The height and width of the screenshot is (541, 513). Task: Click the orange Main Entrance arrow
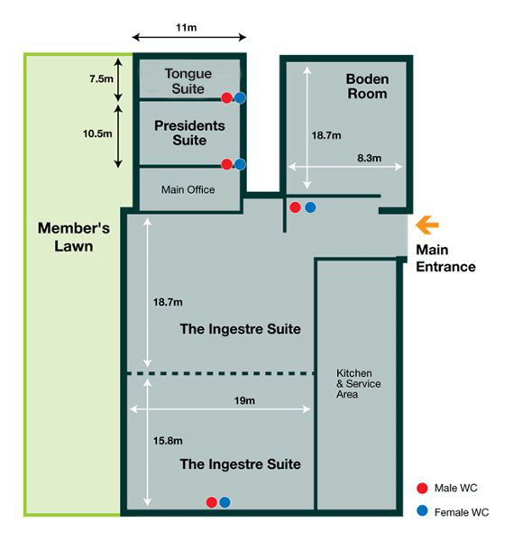tap(427, 225)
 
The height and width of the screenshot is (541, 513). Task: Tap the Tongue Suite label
tap(188, 81)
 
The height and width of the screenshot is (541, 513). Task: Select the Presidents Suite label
tap(189, 133)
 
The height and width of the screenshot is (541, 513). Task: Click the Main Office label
tap(188, 189)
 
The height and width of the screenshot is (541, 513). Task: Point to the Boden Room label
tap(368, 87)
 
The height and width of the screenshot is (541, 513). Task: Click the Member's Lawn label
tap(74, 237)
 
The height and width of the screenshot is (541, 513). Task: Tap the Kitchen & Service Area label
tap(359, 383)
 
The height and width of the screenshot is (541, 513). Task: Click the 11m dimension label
tap(187, 27)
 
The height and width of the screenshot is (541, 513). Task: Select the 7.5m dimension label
tap(101, 78)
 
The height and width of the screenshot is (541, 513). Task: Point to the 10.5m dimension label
tap(97, 133)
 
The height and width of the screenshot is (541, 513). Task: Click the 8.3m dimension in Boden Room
tap(369, 158)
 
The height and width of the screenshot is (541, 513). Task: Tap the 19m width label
tap(244, 400)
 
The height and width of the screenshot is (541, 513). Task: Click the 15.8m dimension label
tap(168, 441)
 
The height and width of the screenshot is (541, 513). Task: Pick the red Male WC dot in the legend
tap(422, 488)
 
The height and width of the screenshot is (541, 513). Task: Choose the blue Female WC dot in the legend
tap(422, 510)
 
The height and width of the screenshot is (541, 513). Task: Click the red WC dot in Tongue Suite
tap(226, 98)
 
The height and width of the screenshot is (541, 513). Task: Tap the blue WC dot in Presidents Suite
tap(240, 164)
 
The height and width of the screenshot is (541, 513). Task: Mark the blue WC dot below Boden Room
tap(310, 207)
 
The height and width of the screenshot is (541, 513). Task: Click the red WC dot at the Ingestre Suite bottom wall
tap(212, 502)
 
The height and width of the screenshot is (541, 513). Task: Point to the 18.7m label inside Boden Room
tap(326, 135)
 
